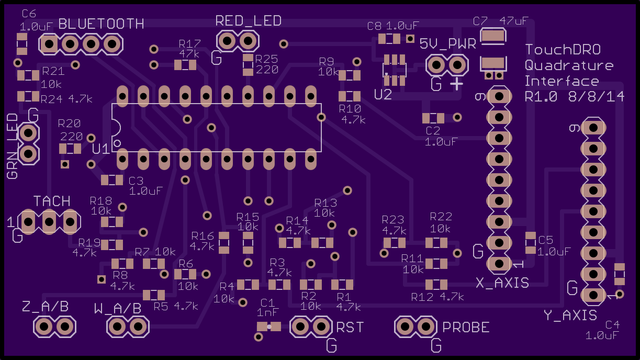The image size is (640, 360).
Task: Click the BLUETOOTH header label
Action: coord(101,24)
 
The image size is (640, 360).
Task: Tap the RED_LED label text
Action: coord(248,21)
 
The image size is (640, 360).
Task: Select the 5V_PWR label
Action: coord(448,44)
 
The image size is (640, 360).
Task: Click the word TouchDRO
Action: coord(563,50)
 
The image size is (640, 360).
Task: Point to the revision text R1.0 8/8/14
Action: coord(574,97)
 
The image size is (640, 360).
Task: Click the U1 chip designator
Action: coord(101,149)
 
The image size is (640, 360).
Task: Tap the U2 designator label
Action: coord(383,95)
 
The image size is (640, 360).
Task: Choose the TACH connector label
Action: coord(52,201)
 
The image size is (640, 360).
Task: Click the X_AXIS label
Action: coord(502,283)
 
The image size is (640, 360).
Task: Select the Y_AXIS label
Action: coord(570,316)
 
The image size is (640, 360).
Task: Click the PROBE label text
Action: coord(466,328)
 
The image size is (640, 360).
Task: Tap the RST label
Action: coord(350,328)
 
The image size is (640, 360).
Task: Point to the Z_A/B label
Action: coord(45,307)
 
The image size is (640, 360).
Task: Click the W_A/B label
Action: coord(118,309)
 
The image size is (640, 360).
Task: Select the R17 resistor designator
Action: coord(190,44)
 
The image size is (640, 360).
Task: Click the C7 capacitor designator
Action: coord(480,21)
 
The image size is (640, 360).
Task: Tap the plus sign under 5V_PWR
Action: coord(456,84)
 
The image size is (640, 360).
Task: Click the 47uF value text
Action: coord(514,21)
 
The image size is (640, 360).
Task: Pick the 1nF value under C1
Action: coord(267,312)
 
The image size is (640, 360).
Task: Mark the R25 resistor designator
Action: coord(266,59)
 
